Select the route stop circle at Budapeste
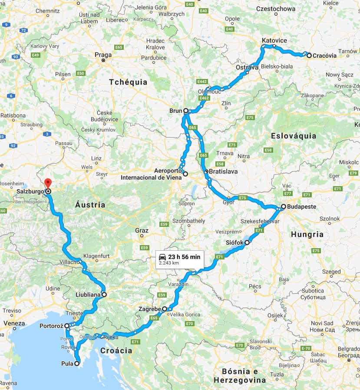tap(283, 207)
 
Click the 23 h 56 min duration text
tap(184, 257)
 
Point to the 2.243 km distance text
tap(169, 263)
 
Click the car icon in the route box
tap(162, 257)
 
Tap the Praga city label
tap(103, 55)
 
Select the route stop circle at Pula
tap(77, 364)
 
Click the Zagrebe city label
tap(149, 309)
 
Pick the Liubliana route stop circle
tap(104, 295)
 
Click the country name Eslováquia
tap(293, 136)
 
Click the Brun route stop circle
tap(186, 111)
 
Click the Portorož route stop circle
tap(67, 325)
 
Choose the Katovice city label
tap(274, 41)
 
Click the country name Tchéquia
tap(128, 82)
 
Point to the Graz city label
tap(142, 230)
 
